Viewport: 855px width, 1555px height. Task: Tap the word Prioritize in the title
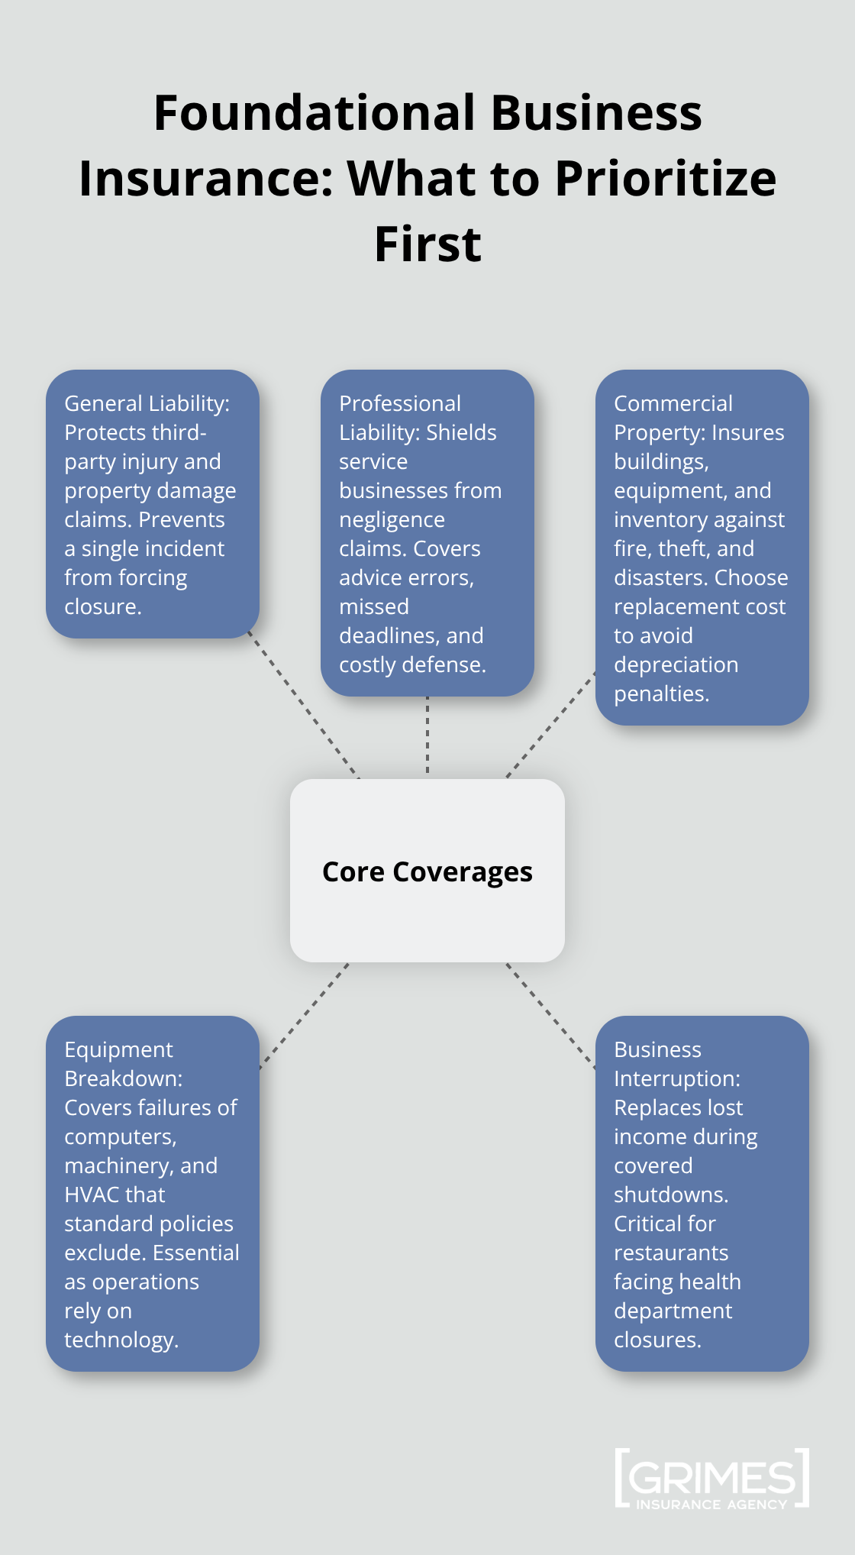pyautogui.click(x=666, y=179)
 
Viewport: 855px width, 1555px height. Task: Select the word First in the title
pyautogui.click(x=427, y=244)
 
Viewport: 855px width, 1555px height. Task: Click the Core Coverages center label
pyautogui.click(x=427, y=871)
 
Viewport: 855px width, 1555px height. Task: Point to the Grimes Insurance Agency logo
pyautogui.click(x=711, y=1479)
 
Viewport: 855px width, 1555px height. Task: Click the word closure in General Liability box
pyautogui.click(x=102, y=606)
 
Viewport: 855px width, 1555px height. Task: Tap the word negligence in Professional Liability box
pyautogui.click(x=392, y=519)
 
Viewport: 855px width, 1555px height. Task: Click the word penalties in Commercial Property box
pyautogui.click(x=661, y=693)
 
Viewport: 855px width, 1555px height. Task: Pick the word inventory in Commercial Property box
pyautogui.click(x=656, y=519)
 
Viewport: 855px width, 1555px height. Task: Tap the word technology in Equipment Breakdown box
pyautogui.click(x=120, y=1340)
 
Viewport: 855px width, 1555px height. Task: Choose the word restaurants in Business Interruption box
pyautogui.click(x=671, y=1253)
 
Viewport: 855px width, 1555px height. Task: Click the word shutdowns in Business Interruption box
pyautogui.click(x=670, y=1195)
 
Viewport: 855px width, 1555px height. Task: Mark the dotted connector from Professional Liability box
pyautogui.click(x=427, y=737)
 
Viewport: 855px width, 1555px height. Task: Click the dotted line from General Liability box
pyautogui.click(x=304, y=706)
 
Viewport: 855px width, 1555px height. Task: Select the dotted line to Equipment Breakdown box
pyautogui.click(x=304, y=1016)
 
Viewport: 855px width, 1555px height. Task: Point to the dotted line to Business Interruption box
pyautogui.click(x=551, y=1016)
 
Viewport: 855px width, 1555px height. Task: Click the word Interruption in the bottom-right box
pyautogui.click(x=676, y=1078)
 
